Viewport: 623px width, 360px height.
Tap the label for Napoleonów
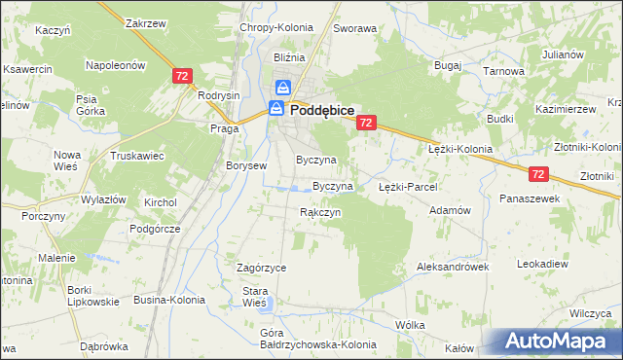click(x=116, y=65)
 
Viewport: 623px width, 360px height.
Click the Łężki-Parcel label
click(x=408, y=186)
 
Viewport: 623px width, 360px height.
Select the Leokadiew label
click(x=542, y=264)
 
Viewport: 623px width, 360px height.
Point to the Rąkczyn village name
click(x=320, y=212)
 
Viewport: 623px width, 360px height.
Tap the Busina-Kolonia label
click(x=169, y=300)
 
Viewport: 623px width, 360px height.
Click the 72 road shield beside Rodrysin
click(x=181, y=75)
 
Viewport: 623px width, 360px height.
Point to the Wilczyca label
click(x=590, y=313)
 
